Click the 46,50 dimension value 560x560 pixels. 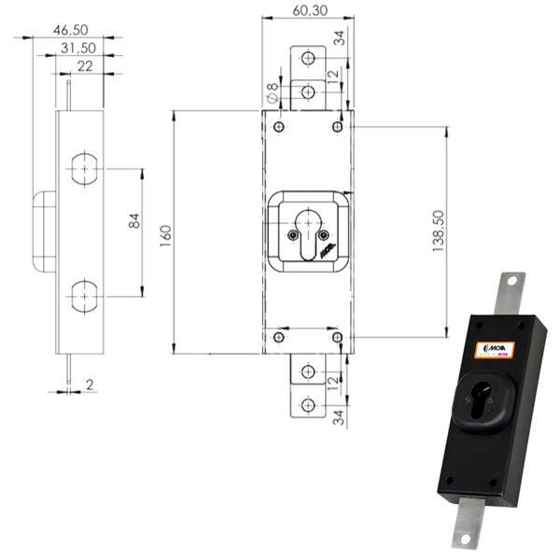click(x=76, y=30)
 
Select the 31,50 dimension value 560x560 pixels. click(x=79, y=49)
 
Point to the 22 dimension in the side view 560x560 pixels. click(x=85, y=66)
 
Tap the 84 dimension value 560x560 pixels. click(x=133, y=221)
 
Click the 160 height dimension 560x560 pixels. click(x=165, y=231)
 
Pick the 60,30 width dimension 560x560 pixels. click(x=308, y=10)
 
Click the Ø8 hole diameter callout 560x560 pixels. click(x=271, y=92)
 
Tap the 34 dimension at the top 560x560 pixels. click(x=339, y=38)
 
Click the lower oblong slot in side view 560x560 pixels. click(x=85, y=296)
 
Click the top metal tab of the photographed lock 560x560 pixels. click(x=511, y=288)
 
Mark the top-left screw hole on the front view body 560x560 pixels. click(x=278, y=126)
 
